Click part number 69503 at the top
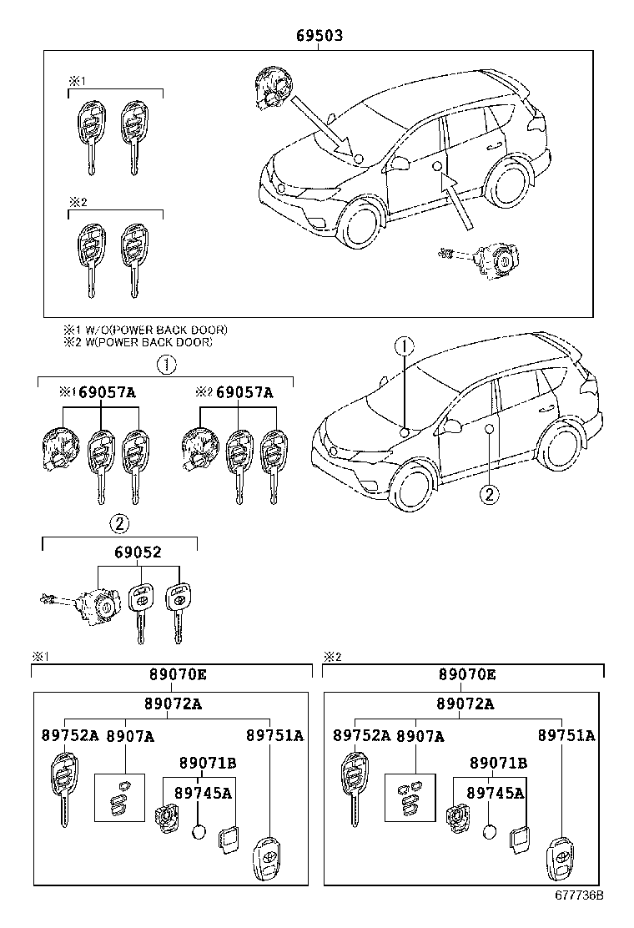click(x=320, y=36)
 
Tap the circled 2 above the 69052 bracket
click(x=119, y=524)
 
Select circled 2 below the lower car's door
click(x=489, y=495)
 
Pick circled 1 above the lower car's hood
click(x=403, y=345)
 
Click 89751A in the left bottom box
click(x=274, y=735)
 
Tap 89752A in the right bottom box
click(x=362, y=735)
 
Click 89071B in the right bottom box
click(x=498, y=763)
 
